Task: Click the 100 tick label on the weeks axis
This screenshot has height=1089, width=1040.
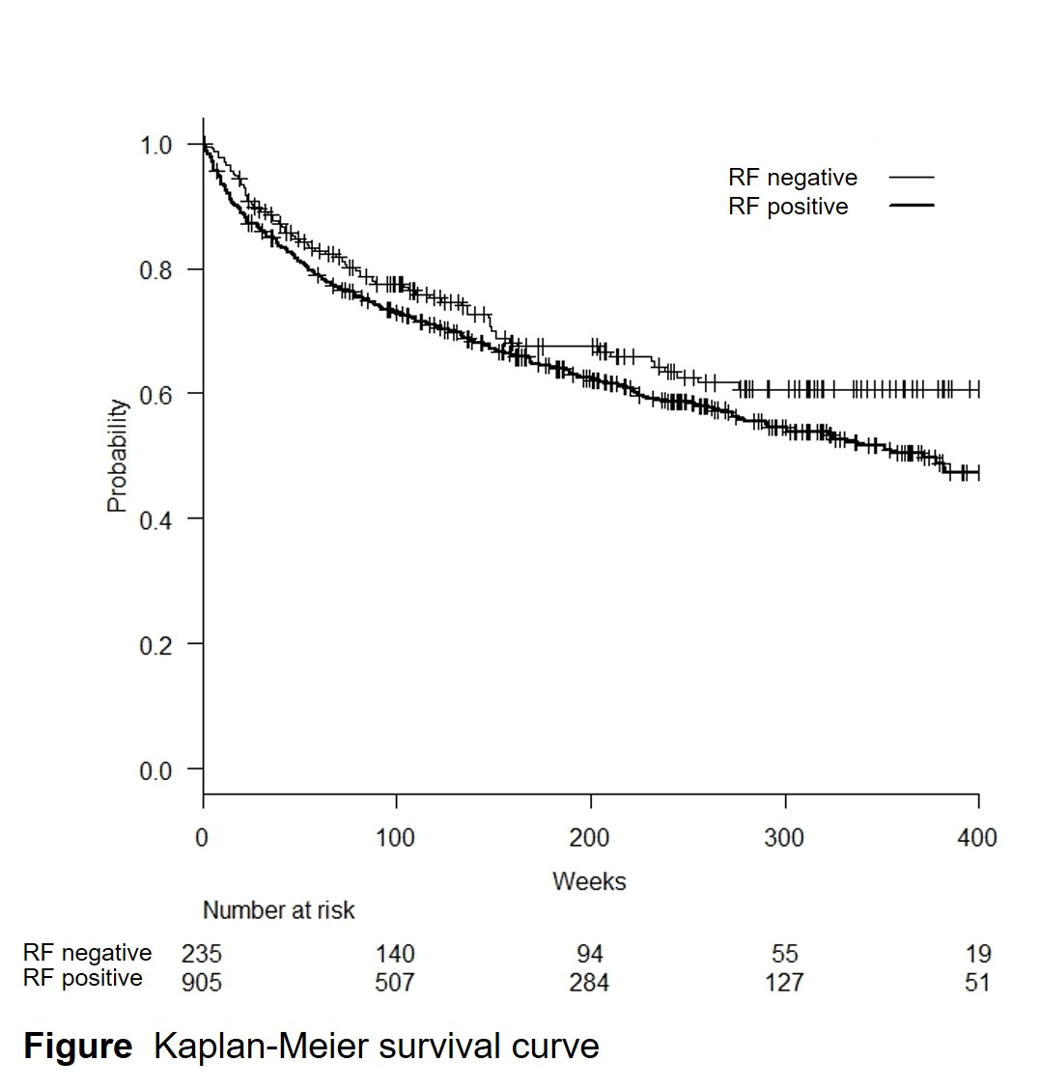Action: point(395,837)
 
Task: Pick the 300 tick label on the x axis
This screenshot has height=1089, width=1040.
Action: point(784,837)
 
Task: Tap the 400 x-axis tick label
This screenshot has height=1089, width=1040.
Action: point(977,837)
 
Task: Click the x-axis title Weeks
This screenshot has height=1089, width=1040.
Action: point(589,881)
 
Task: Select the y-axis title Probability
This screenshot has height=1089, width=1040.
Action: point(117,456)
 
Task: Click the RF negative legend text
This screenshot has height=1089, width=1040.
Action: point(793,178)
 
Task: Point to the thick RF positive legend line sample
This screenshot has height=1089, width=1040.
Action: point(912,206)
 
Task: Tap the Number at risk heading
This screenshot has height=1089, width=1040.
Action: point(278,910)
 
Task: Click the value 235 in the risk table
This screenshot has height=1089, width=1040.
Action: point(201,954)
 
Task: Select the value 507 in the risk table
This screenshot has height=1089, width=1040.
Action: point(395,982)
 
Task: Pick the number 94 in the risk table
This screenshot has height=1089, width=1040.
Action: point(589,954)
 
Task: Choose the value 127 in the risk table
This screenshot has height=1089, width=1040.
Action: point(784,982)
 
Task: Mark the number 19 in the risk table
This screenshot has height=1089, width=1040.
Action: point(978,954)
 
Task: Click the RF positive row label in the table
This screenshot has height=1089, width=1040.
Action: point(83,979)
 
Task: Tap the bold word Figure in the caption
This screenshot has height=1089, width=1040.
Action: point(78,1047)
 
